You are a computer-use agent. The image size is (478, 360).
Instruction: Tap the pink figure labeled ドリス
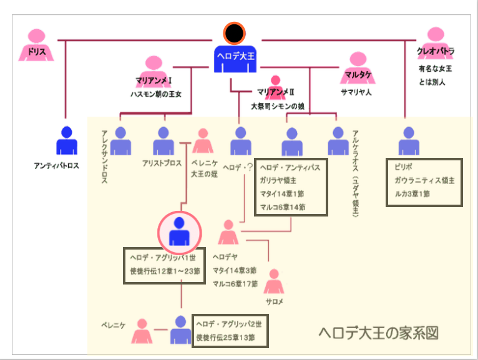coord(37,44)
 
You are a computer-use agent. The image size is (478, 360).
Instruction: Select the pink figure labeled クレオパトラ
coord(436,43)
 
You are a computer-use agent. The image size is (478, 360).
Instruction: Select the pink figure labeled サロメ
coord(273,283)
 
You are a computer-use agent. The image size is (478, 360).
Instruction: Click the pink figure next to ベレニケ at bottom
coord(142,331)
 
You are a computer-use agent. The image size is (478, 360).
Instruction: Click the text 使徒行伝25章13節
coord(229,338)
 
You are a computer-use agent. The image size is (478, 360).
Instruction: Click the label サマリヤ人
coord(356,92)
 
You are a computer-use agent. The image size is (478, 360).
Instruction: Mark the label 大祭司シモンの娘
coord(277,106)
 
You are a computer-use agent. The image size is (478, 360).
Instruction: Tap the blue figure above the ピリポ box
coord(409,141)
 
